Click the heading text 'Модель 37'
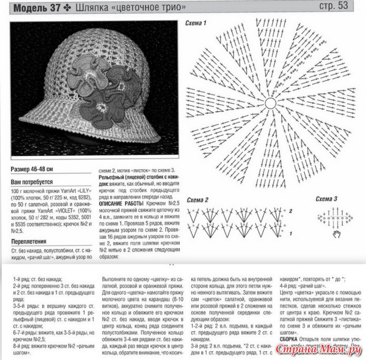pos(36,7)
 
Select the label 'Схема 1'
pos(196,23)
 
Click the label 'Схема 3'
pos(327,199)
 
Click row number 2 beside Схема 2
pos(290,211)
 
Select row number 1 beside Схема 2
pos(290,232)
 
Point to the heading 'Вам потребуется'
pos(32,181)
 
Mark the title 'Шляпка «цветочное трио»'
pos(131,7)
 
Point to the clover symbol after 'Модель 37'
pos(68,7)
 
